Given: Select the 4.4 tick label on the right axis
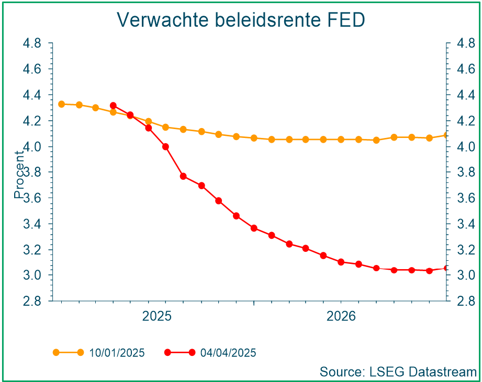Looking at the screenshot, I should tap(465, 95).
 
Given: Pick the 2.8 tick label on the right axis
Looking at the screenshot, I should tap(465, 301).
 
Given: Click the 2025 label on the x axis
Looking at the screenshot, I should tap(157, 317).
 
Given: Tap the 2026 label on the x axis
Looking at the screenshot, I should tap(341, 317).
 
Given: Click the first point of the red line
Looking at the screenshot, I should tap(114, 106).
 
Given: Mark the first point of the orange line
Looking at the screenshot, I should tap(61, 104).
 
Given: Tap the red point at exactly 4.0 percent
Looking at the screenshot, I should tap(166, 147).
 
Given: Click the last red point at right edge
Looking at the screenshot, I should tap(446, 269).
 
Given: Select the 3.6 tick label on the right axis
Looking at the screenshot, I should tap(465, 198).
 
